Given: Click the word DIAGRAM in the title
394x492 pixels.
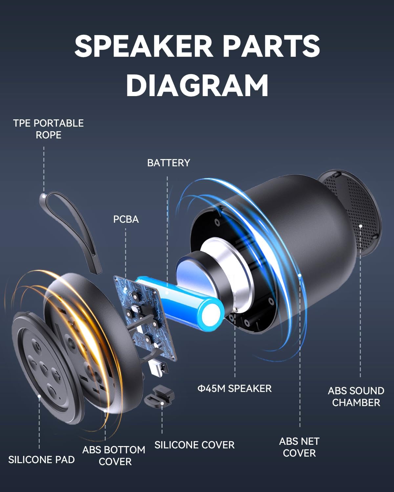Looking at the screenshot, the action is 197,85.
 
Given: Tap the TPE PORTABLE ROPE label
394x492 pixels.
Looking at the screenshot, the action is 48,129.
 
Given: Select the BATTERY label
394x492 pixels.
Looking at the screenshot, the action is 168,163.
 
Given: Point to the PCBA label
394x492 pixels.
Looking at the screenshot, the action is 126,219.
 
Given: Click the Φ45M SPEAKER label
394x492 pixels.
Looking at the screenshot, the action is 234,388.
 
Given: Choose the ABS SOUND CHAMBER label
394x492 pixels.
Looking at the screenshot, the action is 356,397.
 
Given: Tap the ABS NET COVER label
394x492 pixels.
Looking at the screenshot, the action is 299,447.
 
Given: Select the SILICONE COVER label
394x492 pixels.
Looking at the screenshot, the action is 194,445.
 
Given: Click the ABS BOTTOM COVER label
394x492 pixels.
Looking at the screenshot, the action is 114,456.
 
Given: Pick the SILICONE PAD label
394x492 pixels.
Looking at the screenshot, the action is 41,460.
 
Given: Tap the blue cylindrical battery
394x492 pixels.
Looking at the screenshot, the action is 184,302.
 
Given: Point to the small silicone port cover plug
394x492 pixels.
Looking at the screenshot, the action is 159,395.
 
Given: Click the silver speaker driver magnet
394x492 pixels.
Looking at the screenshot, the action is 227,259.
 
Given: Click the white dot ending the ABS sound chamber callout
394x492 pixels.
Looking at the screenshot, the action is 361,226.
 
